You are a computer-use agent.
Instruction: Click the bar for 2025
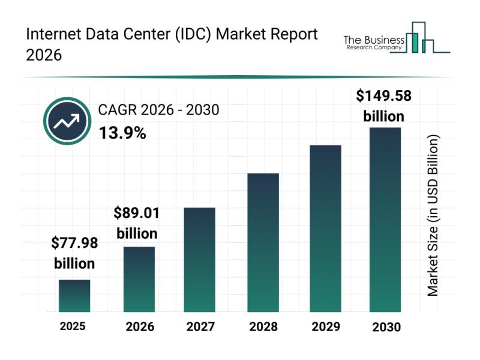point(74,296)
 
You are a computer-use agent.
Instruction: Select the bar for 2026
point(139,279)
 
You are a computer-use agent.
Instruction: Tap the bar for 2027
point(200,259)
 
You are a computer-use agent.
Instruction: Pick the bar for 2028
point(263,242)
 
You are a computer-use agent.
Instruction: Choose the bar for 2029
point(325,228)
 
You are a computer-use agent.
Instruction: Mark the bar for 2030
point(385,219)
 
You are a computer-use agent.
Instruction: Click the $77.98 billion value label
point(74,253)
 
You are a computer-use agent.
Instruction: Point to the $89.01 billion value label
point(137,223)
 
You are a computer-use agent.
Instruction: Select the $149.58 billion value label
point(384,105)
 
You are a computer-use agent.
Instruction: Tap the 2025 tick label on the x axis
point(73,326)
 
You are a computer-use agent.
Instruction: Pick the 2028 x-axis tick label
point(263,327)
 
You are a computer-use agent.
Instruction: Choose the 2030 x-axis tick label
point(386,327)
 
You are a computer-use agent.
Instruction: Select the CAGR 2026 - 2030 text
point(158,110)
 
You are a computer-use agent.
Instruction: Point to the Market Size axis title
point(433,215)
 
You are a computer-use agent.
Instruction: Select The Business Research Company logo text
point(372,42)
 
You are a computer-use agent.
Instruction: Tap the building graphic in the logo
point(422,38)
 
